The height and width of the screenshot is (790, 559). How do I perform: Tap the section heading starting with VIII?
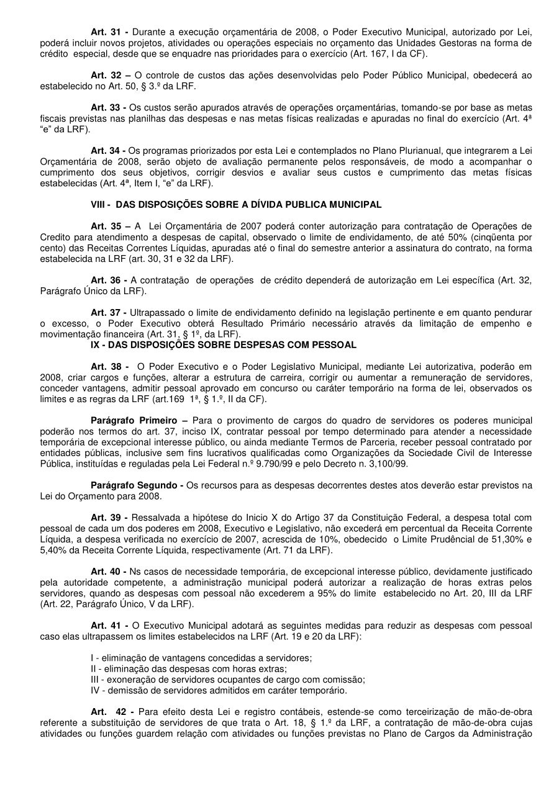(236, 204)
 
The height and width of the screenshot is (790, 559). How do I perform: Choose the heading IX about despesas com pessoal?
(224, 344)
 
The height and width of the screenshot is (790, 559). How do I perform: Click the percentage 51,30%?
(507, 539)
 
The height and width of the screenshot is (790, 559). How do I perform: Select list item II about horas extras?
(189, 668)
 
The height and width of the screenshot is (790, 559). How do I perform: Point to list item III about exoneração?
(227, 680)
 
